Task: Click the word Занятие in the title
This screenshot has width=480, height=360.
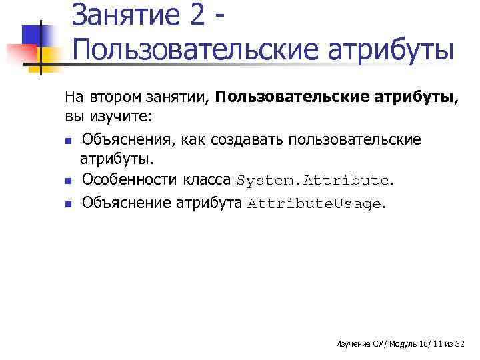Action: (x=125, y=15)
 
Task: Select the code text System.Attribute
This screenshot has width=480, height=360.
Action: (x=312, y=181)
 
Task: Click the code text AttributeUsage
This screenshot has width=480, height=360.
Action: (x=314, y=204)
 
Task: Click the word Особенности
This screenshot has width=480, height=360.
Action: (x=127, y=180)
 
